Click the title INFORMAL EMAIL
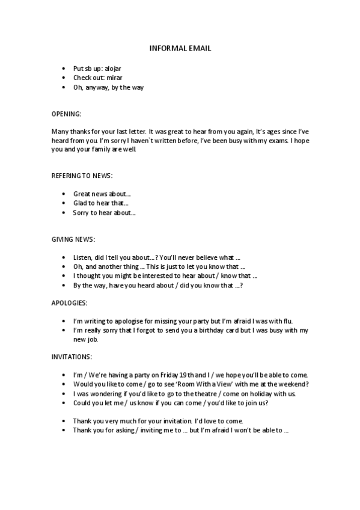180,48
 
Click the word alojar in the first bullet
113,69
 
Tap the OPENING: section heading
67,113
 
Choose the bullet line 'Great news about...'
102,194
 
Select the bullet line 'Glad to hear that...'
101,203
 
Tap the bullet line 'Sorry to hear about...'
104,212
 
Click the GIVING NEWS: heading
73,239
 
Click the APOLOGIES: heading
70,302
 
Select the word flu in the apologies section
288,321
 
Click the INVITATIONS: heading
72,356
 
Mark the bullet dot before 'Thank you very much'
64,421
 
